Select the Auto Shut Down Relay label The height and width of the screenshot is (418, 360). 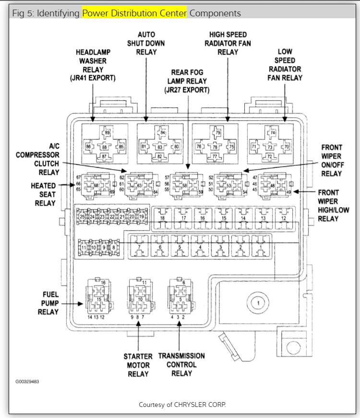pyautogui.click(x=146, y=43)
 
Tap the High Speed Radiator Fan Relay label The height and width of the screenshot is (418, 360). pyautogui.click(x=228, y=43)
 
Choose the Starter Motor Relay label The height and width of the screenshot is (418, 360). pyautogui.click(x=138, y=365)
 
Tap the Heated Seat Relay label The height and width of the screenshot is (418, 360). pyautogui.click(x=43, y=194)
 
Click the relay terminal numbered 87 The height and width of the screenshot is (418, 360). pyautogui.click(x=104, y=156)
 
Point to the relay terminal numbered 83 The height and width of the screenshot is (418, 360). pyautogui.click(x=160, y=147)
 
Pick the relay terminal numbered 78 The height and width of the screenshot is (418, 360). pyautogui.click(x=216, y=147)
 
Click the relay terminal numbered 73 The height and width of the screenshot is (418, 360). pyautogui.click(x=270, y=147)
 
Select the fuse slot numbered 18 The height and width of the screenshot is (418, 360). pyautogui.click(x=162, y=219)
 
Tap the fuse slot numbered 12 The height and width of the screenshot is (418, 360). pyautogui.click(x=283, y=219)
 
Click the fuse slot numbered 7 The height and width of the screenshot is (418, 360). pyautogui.click(x=138, y=246)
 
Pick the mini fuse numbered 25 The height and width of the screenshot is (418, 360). pyautogui.click(x=83, y=217)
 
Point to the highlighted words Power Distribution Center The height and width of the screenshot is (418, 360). pyautogui.click(x=134, y=13)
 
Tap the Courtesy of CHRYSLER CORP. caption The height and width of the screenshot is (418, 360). pyautogui.click(x=182, y=405)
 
